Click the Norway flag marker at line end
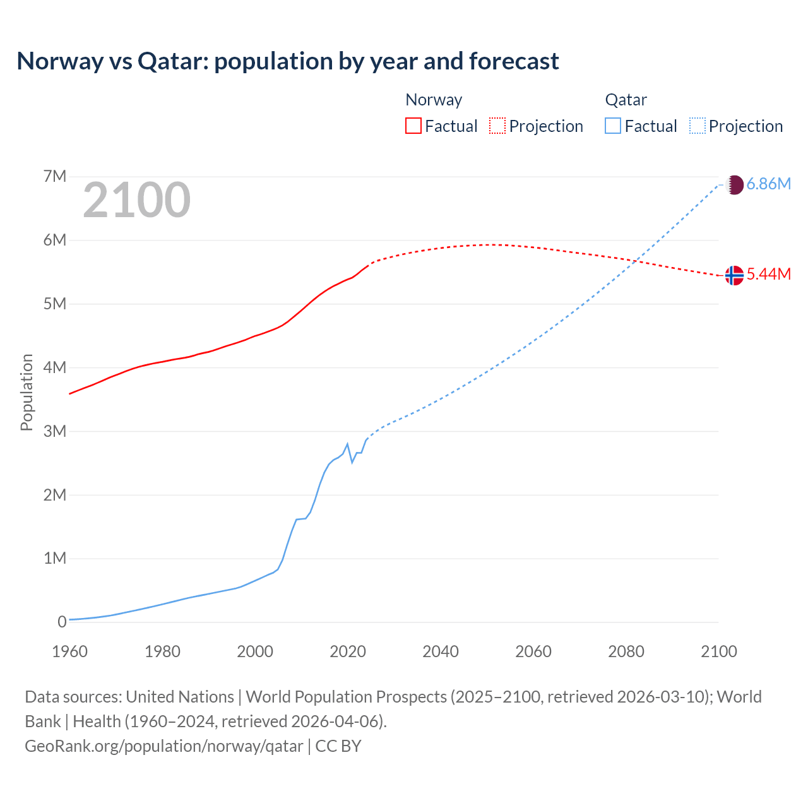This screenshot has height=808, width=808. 734,275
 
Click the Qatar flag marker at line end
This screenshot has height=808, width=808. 734,185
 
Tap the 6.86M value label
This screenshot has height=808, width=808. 768,184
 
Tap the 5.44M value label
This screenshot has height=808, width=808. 768,274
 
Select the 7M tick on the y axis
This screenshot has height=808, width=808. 55,176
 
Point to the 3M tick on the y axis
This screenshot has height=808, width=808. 55,431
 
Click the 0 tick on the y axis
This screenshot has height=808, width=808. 62,622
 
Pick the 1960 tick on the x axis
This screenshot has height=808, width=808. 69,651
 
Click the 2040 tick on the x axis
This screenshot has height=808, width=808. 441,651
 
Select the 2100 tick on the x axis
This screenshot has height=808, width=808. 718,651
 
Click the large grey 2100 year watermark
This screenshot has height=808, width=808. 136,200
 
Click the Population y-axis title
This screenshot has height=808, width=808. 27,392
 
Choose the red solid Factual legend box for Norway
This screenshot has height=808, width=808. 413,126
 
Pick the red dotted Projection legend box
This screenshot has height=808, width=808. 497,126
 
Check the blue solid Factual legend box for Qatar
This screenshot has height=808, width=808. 613,126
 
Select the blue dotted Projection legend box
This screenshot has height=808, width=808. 698,126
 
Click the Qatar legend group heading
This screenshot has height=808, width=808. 626,100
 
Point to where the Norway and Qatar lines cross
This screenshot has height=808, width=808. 636,260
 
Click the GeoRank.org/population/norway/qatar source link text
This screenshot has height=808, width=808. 163,746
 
